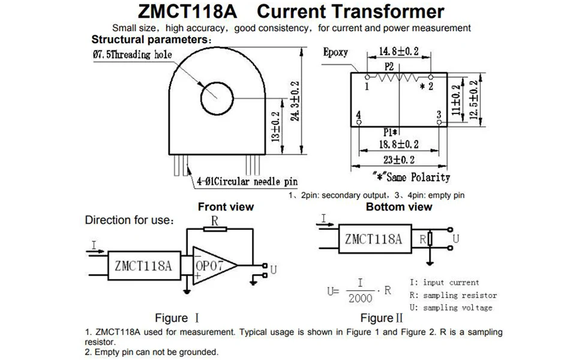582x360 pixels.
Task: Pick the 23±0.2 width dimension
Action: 398,160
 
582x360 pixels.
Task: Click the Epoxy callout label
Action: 335,52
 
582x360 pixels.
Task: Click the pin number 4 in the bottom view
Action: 358,114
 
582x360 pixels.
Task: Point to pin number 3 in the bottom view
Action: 439,114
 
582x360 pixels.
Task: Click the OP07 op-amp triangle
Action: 211,265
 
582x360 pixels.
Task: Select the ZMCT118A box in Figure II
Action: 373,239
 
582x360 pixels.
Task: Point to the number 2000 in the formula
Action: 360,298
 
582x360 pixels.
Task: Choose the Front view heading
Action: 226,207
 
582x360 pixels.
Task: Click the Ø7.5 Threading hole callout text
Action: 131,55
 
